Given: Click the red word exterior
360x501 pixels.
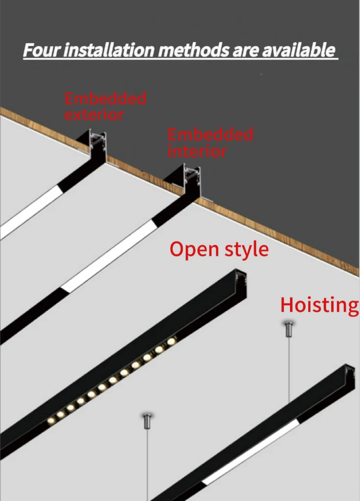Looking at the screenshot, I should click(94, 115).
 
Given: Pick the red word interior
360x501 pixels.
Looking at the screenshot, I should click(197, 151).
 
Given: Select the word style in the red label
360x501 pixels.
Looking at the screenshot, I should click(247, 250).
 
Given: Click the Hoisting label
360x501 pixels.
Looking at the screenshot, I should click(319, 305).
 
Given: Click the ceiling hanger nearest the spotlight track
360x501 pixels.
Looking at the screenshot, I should click(147, 421).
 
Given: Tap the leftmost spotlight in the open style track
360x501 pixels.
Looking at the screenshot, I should click(51, 420).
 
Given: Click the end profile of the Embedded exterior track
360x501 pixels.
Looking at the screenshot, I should click(96, 143).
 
